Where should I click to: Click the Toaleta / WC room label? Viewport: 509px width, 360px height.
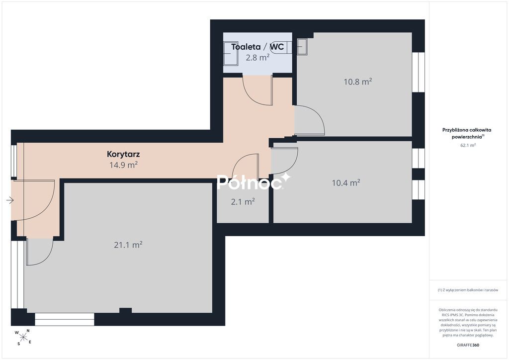pos(257,47)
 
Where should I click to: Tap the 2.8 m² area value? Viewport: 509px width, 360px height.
pos(257,58)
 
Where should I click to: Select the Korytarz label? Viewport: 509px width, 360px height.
pos(123,154)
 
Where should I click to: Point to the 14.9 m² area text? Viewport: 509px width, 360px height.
pos(123,165)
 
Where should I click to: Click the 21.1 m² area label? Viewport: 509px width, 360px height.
pos(128,245)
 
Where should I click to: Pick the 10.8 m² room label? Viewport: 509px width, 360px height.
pos(358,82)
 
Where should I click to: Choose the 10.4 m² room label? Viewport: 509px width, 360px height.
pos(346,183)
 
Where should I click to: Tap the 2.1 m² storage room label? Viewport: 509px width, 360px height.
pos(243,201)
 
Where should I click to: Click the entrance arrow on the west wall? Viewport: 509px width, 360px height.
pos(10,200)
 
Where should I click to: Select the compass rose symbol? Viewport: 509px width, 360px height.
pos(23,337)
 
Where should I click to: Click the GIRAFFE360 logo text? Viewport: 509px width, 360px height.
pos(468,345)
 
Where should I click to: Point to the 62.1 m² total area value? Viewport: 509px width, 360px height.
pos(468,145)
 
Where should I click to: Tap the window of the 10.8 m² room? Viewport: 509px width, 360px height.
pos(419,72)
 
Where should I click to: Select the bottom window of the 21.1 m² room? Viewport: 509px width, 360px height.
pos(65,319)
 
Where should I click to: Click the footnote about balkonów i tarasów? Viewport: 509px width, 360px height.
pos(468,290)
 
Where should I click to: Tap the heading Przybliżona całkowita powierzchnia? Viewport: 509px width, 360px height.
pos(467,133)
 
